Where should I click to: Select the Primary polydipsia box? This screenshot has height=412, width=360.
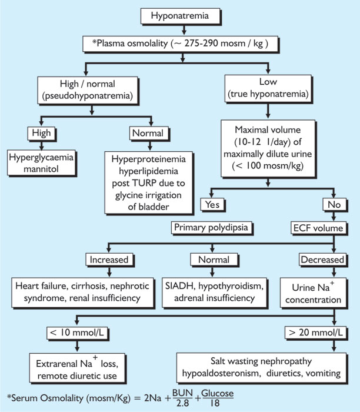pos(202,226)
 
